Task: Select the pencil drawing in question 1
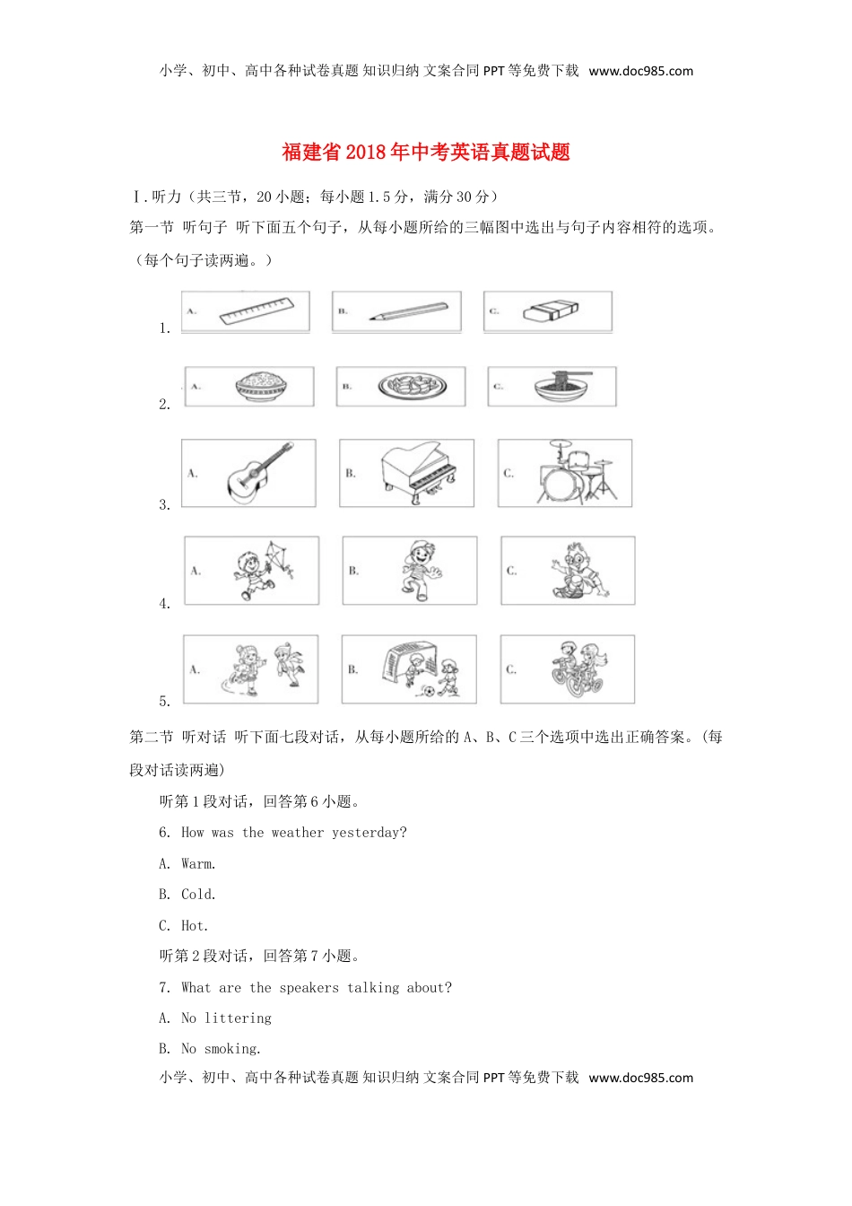pos(407,312)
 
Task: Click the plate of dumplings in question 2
pos(412,387)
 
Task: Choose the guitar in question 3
pos(260,473)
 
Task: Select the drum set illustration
pos(575,473)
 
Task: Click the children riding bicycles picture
pos(578,669)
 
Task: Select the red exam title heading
pos(426,153)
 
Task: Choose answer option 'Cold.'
pos(198,895)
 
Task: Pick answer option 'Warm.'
pos(198,864)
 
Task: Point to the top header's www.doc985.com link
pos(640,71)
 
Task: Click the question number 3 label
pos(164,505)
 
